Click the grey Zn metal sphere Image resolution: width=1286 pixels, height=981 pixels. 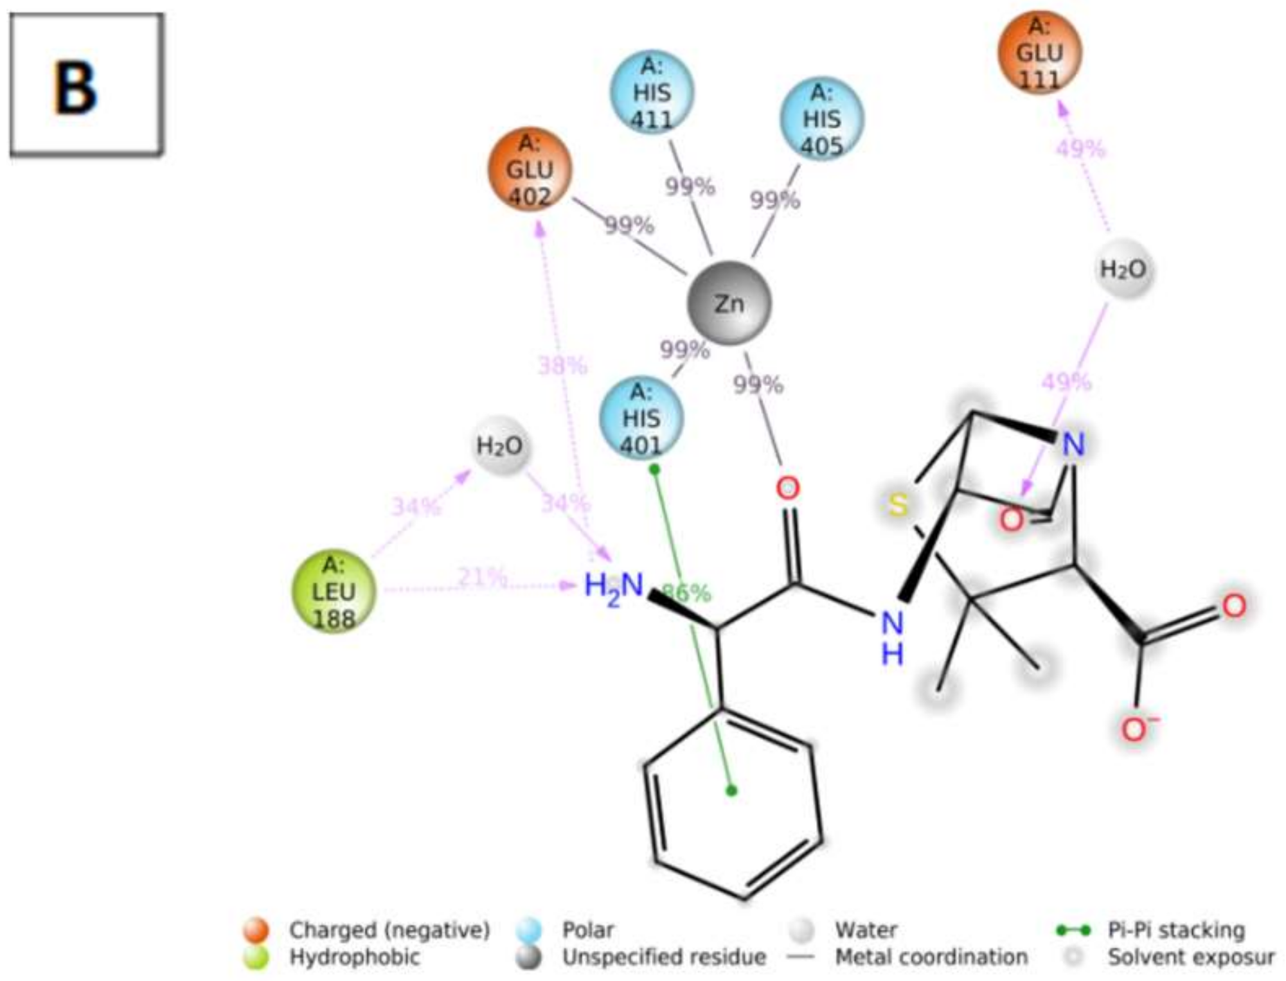[x=729, y=303]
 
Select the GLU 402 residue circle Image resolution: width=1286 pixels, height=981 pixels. [x=530, y=169]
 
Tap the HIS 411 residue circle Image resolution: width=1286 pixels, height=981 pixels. [x=652, y=93]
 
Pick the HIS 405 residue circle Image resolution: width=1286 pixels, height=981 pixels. [x=821, y=119]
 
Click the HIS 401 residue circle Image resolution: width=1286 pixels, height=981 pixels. [x=641, y=419]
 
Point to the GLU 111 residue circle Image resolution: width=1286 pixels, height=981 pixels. [x=1039, y=53]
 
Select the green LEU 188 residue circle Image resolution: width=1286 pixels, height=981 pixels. [x=333, y=592]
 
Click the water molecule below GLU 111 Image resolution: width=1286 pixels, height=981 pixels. [x=1123, y=269]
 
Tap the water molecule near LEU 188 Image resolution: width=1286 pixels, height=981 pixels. [x=499, y=446]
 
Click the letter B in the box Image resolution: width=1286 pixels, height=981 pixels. [x=75, y=88]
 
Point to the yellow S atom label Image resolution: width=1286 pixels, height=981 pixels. [x=898, y=505]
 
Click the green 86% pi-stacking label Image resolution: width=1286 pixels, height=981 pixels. [x=686, y=592]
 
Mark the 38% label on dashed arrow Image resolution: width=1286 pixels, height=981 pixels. [x=562, y=366]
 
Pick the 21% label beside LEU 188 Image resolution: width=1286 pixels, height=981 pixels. [x=481, y=577]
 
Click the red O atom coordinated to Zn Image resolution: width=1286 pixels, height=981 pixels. [x=787, y=488]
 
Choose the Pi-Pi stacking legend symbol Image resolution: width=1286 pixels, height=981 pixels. [x=1073, y=930]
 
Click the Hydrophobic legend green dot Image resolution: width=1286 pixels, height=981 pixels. [x=256, y=957]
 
